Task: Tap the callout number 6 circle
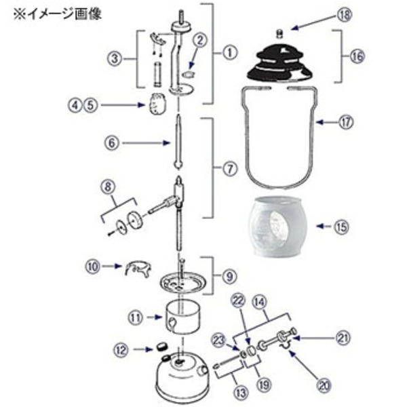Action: (113, 142)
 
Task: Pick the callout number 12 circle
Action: (121, 350)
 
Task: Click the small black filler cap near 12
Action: (163, 347)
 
